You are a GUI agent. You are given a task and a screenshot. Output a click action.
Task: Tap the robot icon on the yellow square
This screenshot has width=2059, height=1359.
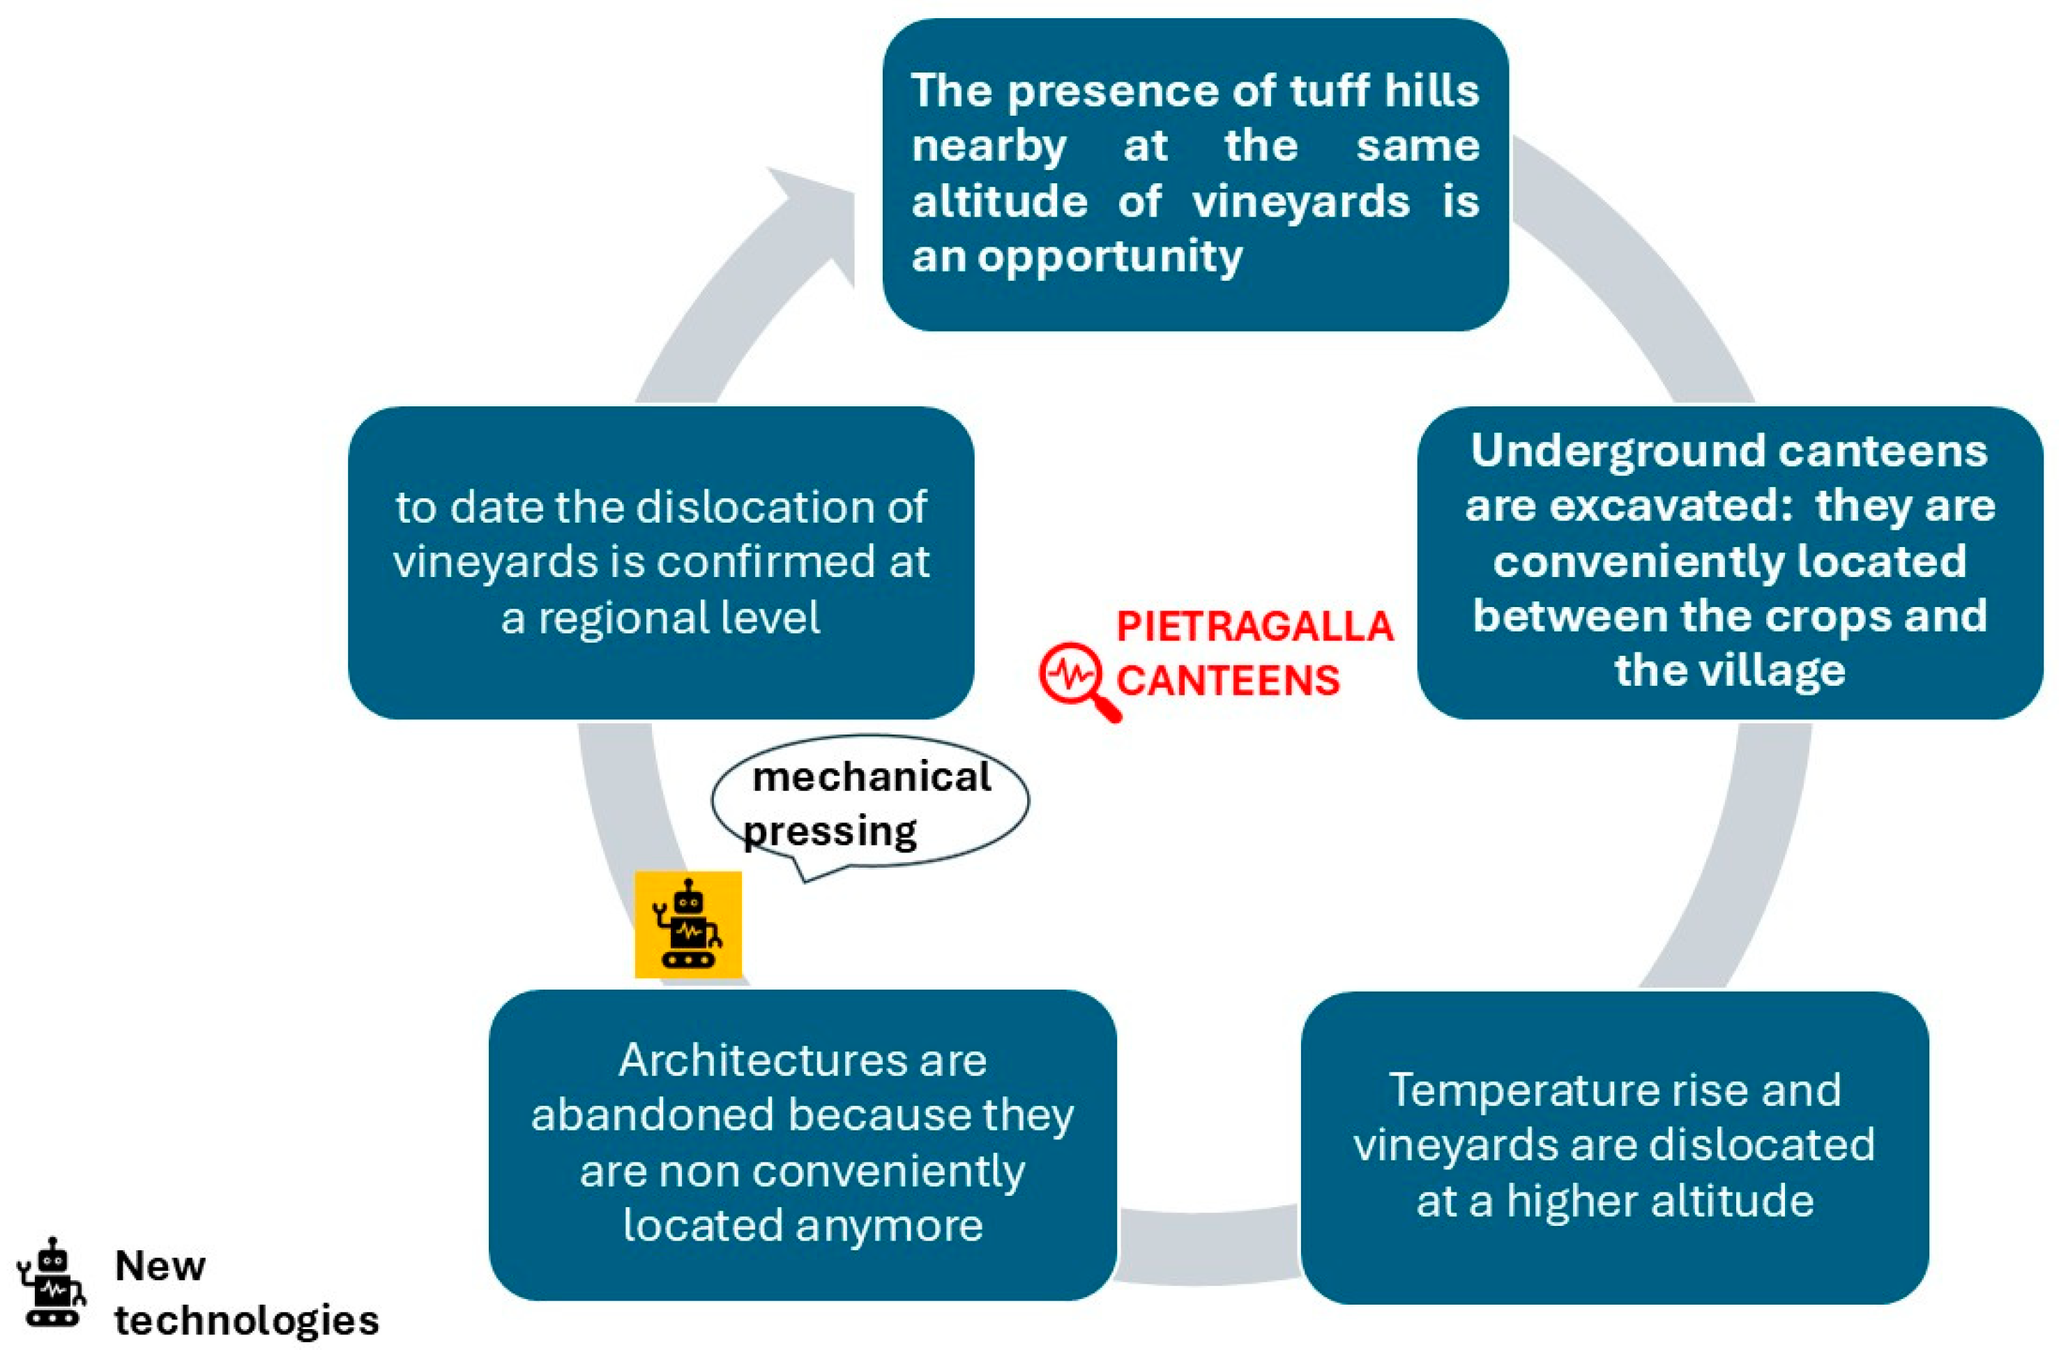(x=687, y=925)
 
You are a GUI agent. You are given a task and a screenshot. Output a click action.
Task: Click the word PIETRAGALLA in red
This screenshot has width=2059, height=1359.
(x=1254, y=627)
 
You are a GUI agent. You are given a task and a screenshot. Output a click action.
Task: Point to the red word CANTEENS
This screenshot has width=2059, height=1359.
(x=1228, y=680)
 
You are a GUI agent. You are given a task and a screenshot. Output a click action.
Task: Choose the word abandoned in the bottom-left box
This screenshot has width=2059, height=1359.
(x=652, y=1116)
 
